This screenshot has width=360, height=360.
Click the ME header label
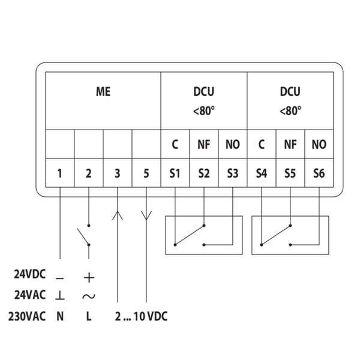103,92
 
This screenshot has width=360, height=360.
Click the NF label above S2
203,145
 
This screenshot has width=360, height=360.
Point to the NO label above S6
319,145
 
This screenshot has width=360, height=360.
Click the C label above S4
261,145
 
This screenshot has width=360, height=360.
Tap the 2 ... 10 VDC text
141,316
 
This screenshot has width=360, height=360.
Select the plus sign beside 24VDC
89,277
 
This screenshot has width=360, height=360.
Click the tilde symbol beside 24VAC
89,296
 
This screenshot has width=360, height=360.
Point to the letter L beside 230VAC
89,316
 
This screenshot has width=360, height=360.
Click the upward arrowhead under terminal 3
118,214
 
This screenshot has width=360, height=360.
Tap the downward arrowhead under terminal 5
146,215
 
